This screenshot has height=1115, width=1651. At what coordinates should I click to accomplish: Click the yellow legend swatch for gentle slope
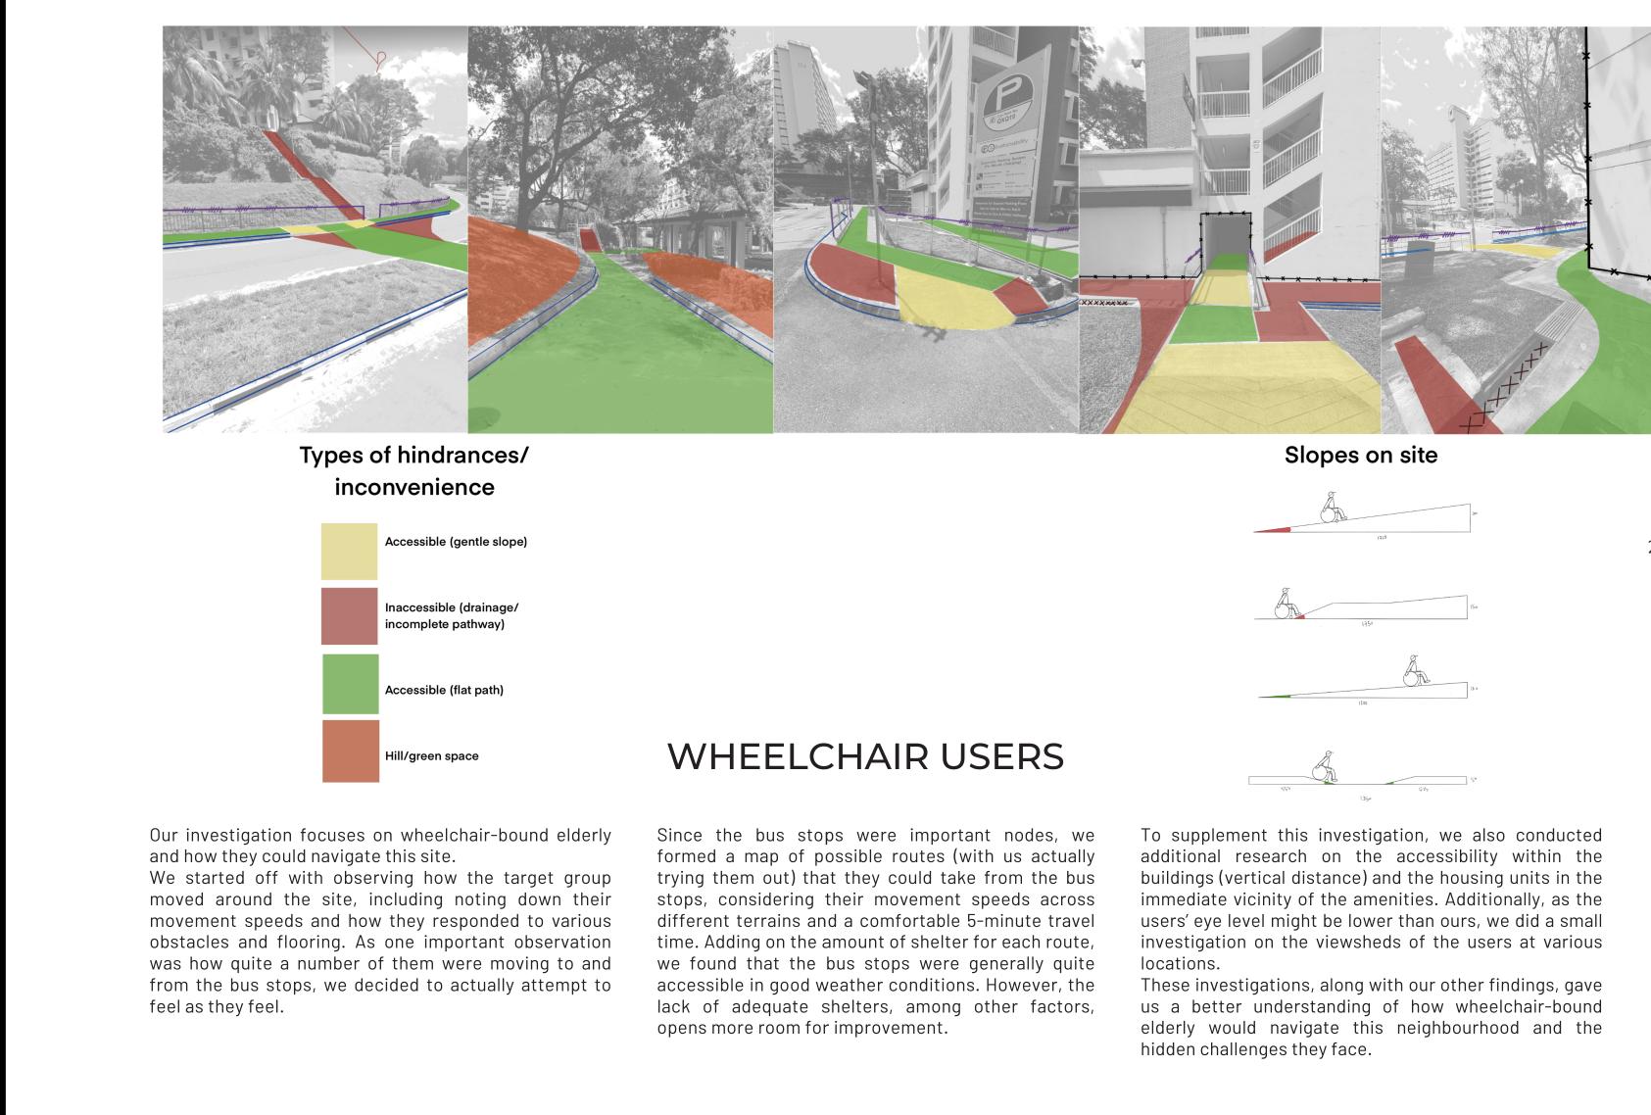point(349,551)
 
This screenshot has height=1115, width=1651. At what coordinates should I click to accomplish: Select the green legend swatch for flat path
point(350,684)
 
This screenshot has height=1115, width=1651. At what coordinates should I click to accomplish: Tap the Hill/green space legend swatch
point(350,751)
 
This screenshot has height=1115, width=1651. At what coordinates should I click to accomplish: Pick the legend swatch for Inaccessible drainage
point(349,616)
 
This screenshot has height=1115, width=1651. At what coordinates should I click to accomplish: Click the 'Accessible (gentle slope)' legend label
point(456,542)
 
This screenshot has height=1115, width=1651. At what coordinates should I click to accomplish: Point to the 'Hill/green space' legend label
point(431,756)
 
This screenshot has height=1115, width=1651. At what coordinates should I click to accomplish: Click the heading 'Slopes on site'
point(1360,456)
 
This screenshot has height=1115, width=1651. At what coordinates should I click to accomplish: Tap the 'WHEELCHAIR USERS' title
point(865,757)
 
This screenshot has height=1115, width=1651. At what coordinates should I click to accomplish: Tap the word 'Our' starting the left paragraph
point(164,836)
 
